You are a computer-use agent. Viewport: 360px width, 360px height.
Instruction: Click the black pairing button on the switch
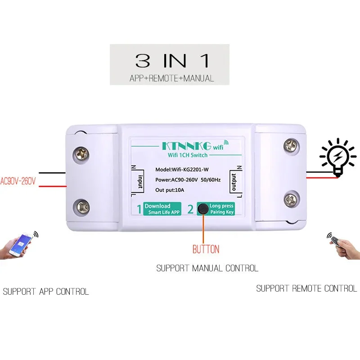pos(203,209)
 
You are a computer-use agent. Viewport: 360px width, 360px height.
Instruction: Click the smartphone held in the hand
pos(20,244)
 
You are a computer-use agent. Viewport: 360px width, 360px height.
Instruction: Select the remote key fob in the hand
pos(335,241)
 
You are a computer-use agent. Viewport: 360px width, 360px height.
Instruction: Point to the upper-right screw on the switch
pos(291,145)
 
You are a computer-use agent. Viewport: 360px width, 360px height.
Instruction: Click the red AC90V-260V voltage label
pos(18,181)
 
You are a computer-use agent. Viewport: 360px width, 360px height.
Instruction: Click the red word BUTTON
pos(206,249)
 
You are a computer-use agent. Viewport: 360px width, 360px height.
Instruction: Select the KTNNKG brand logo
pos(187,146)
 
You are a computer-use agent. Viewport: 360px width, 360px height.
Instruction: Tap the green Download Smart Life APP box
pos(162,209)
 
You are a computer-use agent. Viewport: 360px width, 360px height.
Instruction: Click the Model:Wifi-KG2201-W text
pos(182,170)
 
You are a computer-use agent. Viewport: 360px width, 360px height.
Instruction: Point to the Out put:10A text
pos(170,190)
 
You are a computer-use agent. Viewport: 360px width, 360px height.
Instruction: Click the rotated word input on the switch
pos(140,182)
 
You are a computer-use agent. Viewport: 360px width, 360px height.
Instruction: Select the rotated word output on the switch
pos(234,182)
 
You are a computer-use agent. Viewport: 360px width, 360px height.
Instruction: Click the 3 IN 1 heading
pos(172,61)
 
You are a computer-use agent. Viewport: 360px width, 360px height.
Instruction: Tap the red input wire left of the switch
pos(53,186)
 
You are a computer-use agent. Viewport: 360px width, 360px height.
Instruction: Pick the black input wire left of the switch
pos(52,173)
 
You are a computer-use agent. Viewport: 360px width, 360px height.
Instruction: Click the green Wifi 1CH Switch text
pos(188,155)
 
